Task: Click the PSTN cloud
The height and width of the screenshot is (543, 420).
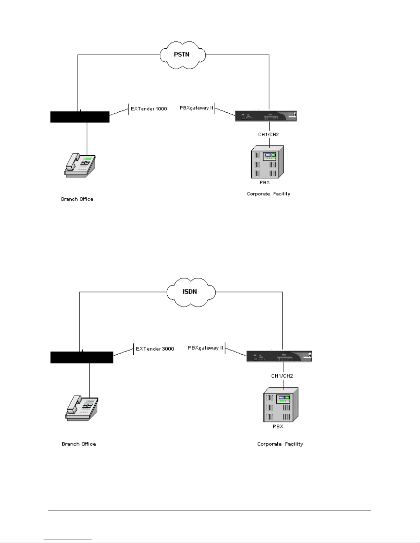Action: click(182, 54)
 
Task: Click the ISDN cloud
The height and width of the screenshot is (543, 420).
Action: click(191, 292)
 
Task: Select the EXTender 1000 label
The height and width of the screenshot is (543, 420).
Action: click(149, 109)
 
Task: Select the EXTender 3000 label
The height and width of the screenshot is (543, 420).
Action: click(155, 349)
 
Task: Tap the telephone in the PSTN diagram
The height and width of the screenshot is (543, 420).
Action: click(80, 165)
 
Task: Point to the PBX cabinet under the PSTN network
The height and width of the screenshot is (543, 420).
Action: click(267, 162)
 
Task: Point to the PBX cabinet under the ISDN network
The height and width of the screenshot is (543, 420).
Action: click(280, 405)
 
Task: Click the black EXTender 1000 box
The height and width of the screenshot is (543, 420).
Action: click(80, 117)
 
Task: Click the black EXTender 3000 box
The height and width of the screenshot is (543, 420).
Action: click(82, 357)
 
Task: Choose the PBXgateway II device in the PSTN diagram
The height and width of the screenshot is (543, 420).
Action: click(266, 116)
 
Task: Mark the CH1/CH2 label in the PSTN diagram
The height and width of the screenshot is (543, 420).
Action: click(268, 134)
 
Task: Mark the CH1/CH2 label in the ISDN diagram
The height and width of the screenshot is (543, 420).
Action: click(282, 376)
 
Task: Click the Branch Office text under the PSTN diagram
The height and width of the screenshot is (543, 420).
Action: click(77, 199)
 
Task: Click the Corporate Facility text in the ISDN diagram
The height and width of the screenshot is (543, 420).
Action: click(280, 444)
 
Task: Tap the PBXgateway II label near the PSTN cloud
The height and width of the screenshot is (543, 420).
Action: click(196, 108)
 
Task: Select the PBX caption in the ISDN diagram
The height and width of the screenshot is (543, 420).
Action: click(278, 427)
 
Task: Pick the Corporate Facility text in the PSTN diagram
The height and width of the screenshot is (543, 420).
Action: click(268, 194)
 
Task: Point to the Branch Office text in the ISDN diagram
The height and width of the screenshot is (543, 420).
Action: click(79, 444)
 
